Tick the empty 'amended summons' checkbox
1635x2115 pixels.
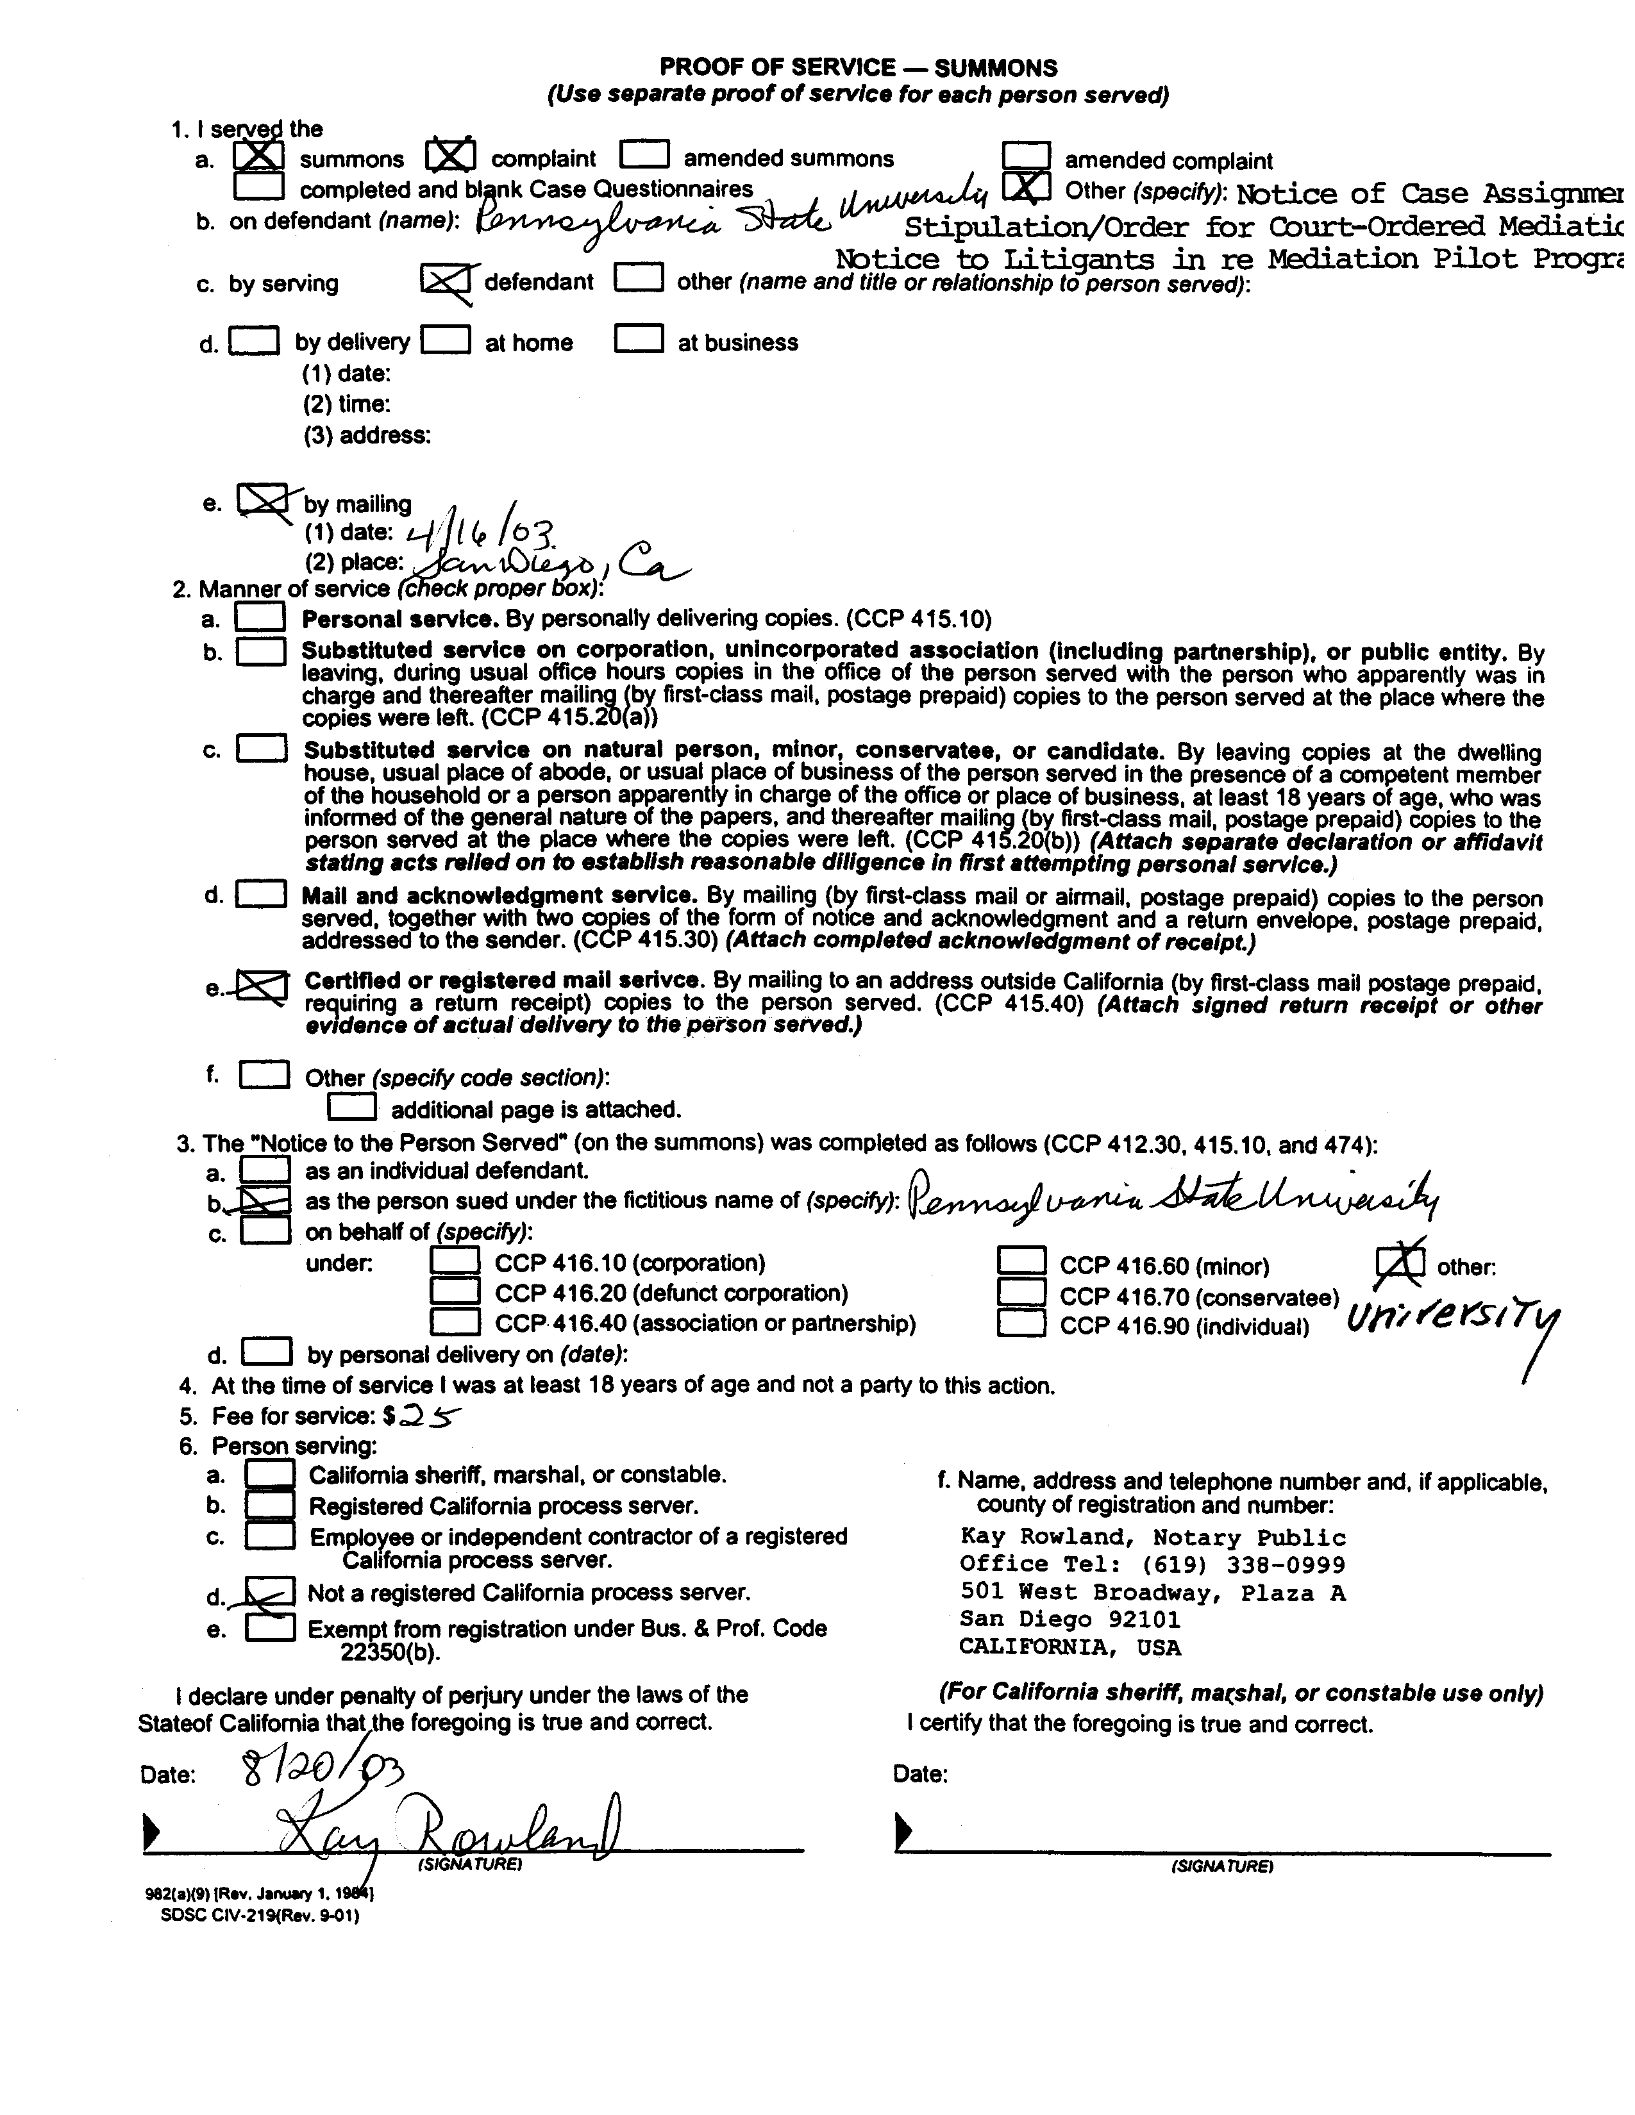coord(644,155)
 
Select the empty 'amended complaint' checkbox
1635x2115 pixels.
coord(1026,156)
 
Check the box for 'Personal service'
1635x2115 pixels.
coord(260,617)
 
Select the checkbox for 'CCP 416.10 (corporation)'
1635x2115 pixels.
coord(455,1261)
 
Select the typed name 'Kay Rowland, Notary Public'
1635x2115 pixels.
coord(1153,1537)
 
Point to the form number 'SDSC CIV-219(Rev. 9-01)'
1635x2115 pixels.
coord(260,1914)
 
